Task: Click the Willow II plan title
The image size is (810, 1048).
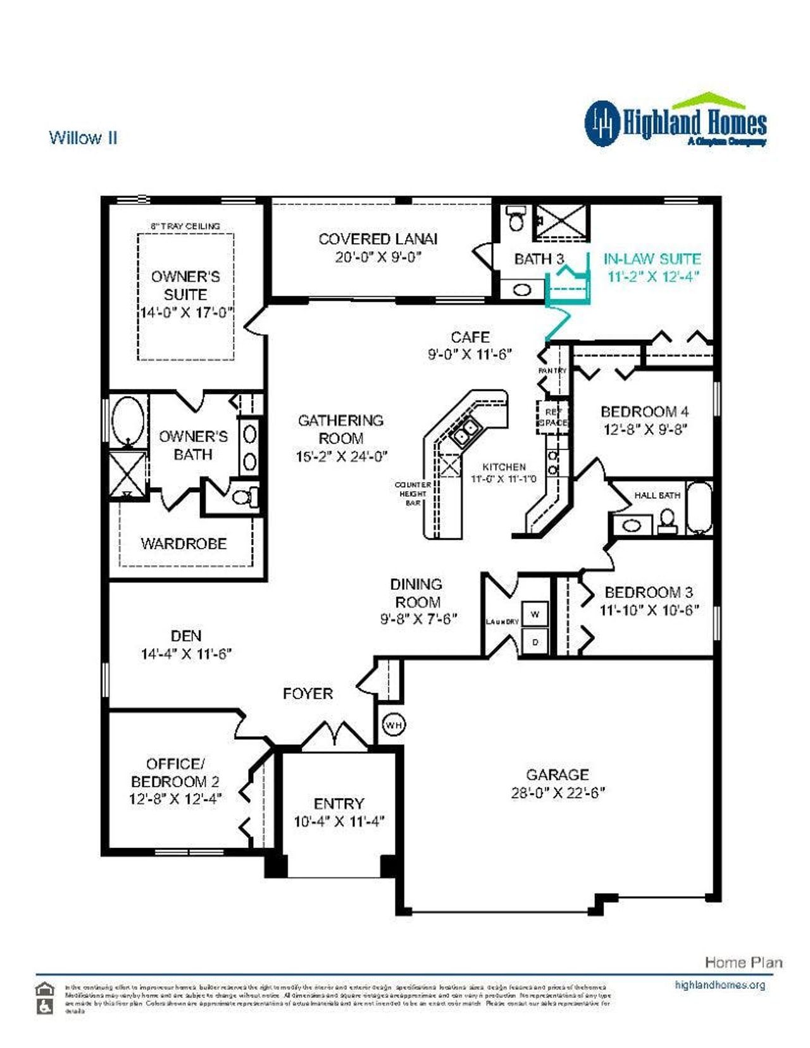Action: point(83,138)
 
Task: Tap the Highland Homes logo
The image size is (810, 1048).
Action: point(675,122)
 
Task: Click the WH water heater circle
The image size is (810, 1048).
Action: point(394,725)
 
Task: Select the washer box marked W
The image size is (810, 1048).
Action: point(535,614)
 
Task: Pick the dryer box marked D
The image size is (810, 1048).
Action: point(535,642)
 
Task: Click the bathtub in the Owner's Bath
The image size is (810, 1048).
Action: point(128,420)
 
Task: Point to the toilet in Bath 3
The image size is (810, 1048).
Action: point(516,219)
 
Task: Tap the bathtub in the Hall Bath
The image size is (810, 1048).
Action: point(699,508)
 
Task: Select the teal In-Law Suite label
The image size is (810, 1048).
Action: point(652,259)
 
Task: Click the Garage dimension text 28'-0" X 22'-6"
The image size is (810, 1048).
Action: point(558,793)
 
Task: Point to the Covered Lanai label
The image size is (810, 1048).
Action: point(378,239)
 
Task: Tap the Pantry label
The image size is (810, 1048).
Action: point(552,371)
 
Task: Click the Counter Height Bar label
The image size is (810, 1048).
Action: point(413,494)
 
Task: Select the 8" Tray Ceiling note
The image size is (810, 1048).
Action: point(185,226)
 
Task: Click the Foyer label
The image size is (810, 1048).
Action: point(308,694)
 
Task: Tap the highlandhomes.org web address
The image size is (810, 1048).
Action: point(720,985)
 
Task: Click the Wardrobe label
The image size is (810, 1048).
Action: point(184,544)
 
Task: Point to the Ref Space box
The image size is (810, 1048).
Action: point(552,417)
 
